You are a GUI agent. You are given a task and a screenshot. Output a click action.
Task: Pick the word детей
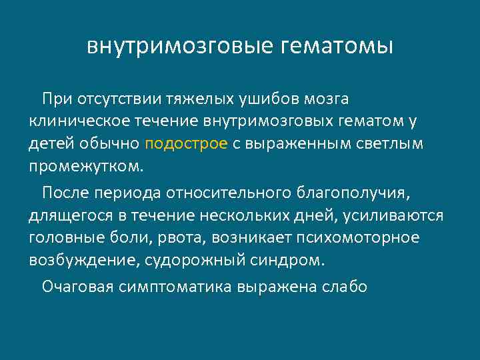point(49,143)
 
